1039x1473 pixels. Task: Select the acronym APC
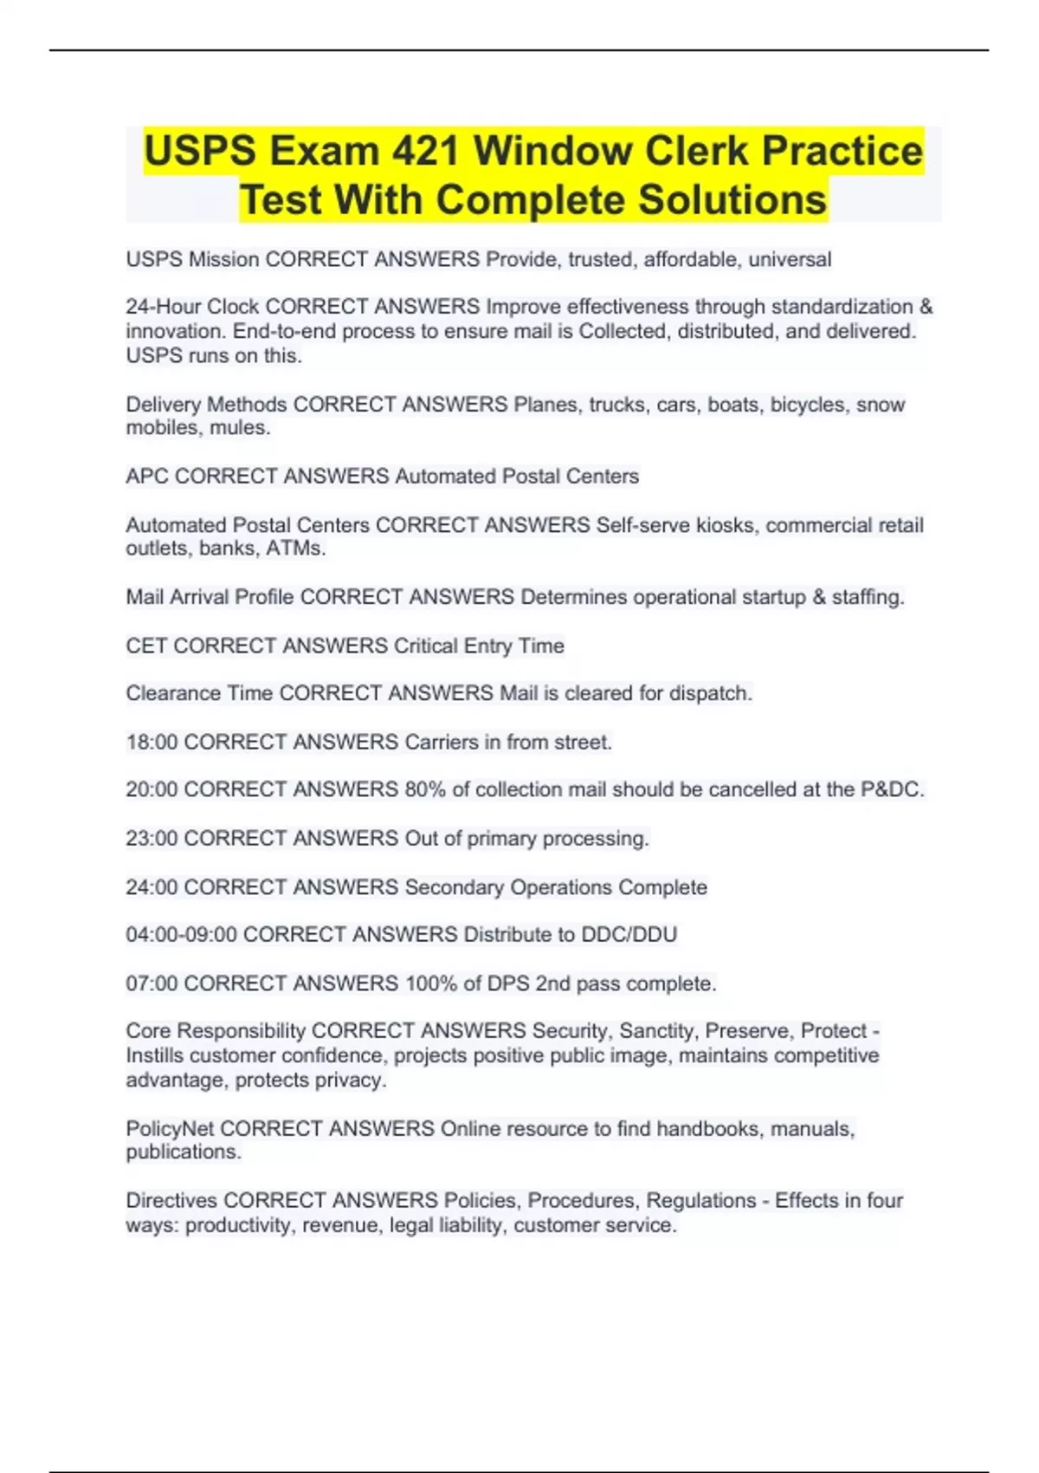point(147,477)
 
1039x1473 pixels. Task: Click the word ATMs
point(297,548)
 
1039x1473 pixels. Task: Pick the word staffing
point(868,597)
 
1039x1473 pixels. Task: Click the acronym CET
point(146,646)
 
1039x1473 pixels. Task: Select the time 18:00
point(152,742)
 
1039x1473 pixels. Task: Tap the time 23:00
point(152,838)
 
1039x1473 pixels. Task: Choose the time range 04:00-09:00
point(181,934)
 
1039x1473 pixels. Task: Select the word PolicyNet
point(170,1128)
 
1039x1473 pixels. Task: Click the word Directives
point(171,1201)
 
